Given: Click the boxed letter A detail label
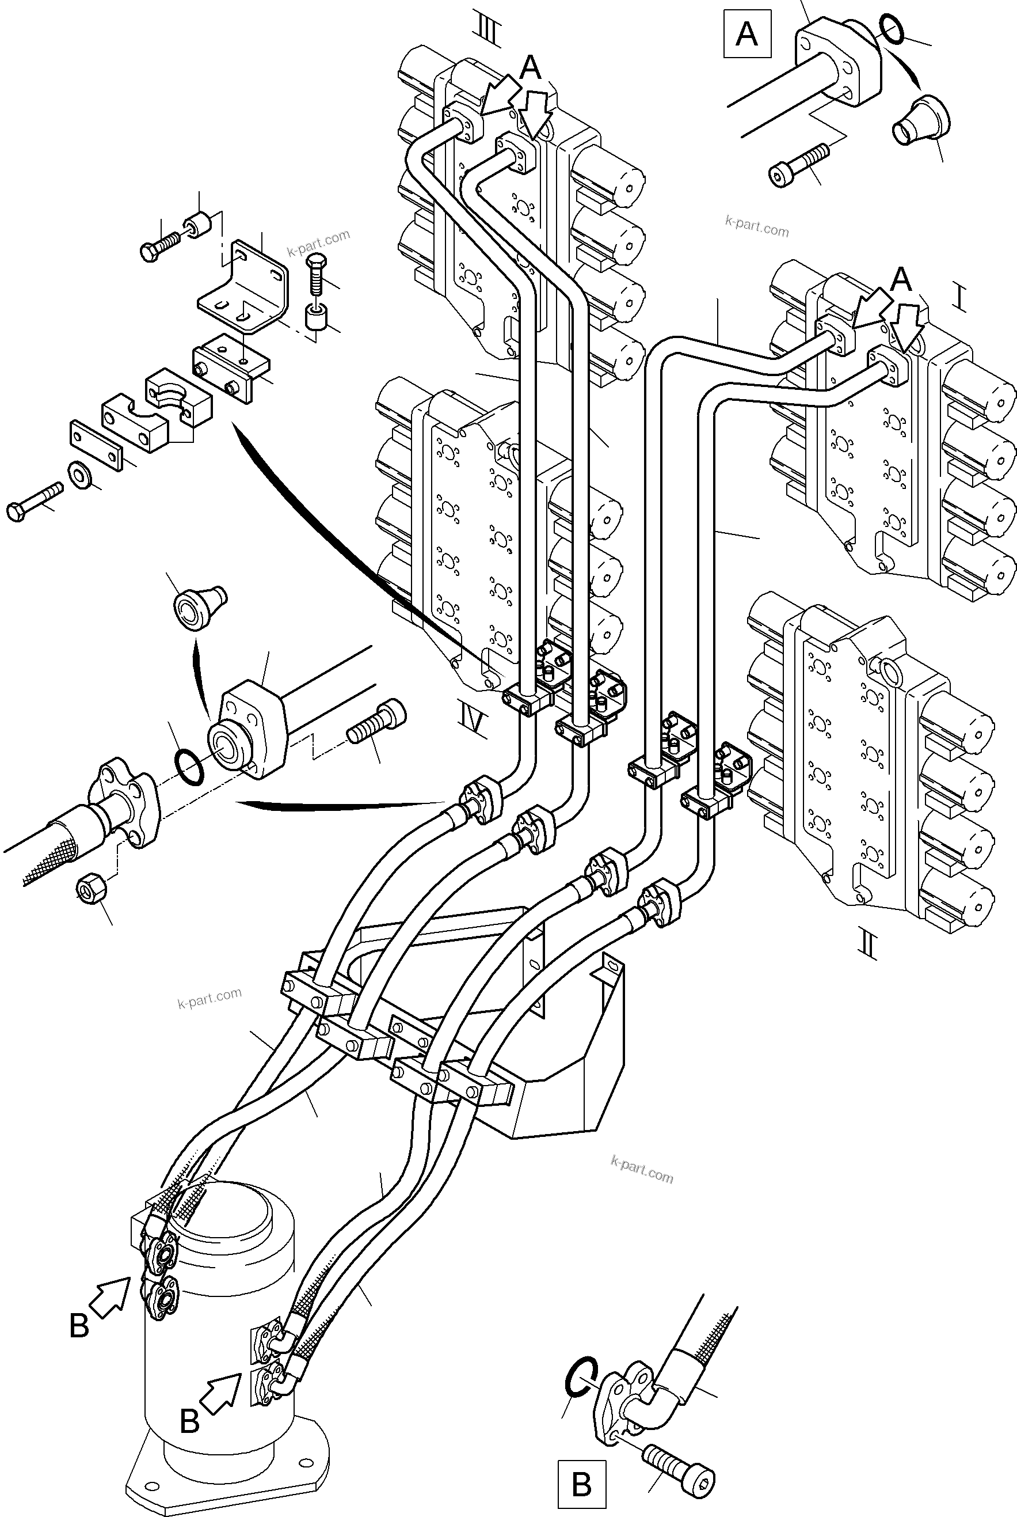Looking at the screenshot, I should point(746,34).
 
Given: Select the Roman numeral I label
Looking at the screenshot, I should point(961,299).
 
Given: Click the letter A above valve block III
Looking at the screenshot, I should point(531,67).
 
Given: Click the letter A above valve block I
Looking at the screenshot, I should point(901,280).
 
